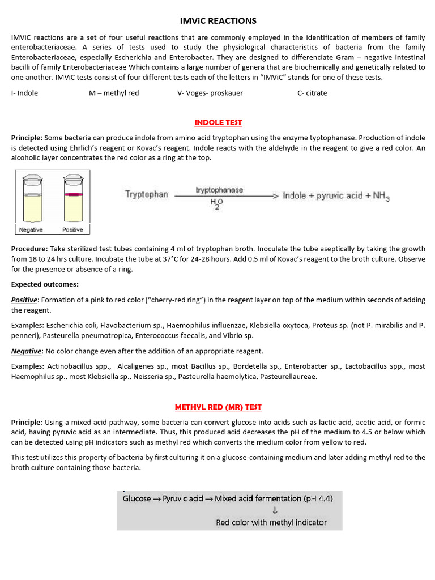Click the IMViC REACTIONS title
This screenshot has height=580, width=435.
218,21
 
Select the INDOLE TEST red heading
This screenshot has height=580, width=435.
218,122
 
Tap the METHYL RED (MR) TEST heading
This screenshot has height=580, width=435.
218,407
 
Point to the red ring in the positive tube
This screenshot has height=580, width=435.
72,194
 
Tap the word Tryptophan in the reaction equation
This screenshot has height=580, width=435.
146,194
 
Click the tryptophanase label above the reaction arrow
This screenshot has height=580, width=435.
219,190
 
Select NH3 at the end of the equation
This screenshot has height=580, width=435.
380,196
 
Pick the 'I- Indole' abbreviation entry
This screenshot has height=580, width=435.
24,93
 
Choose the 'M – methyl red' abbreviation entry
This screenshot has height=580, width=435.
113,93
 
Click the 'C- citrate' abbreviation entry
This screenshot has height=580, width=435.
312,93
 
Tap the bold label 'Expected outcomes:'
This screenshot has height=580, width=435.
45,284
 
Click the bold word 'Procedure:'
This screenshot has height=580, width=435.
29,249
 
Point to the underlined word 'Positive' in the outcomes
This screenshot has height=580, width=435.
24,300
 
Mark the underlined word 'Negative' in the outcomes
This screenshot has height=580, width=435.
25,351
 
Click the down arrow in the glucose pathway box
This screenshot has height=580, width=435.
275,510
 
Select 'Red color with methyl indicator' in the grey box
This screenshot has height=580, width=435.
271,522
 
